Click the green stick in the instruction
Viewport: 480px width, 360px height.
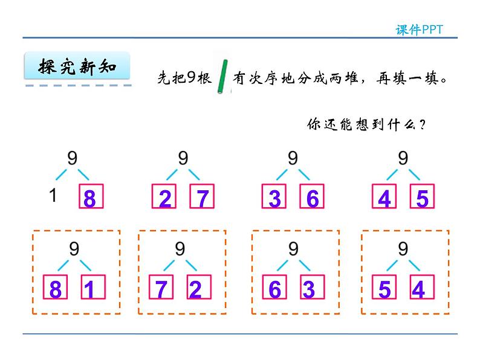pos(222,77)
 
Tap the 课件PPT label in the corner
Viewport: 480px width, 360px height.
pos(419,30)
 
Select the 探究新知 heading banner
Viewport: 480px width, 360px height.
pos(77,66)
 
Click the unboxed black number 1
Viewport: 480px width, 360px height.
pos(53,195)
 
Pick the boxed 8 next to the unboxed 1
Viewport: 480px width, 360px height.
pos(91,196)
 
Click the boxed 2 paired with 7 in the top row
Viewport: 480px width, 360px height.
pos(164,196)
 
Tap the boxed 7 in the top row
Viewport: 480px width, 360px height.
pos(202,196)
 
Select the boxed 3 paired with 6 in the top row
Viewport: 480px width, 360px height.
pos(274,196)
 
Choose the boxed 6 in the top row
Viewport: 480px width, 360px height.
pos(312,196)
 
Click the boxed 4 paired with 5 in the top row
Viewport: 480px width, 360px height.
pos(384,196)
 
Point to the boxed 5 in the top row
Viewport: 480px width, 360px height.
pos(422,196)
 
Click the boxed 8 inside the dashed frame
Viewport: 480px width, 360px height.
pos(55,287)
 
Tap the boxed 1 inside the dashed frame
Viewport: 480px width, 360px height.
pos(93,287)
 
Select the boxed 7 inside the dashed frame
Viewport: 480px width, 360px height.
pos(161,287)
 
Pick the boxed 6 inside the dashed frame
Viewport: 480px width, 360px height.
pos(274,287)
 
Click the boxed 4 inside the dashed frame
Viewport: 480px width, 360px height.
pos(422,287)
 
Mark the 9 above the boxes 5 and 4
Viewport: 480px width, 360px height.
pos(403,248)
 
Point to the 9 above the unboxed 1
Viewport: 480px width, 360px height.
pos(73,158)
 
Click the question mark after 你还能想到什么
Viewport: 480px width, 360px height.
pos(422,125)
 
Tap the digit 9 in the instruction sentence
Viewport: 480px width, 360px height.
pos(191,77)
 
